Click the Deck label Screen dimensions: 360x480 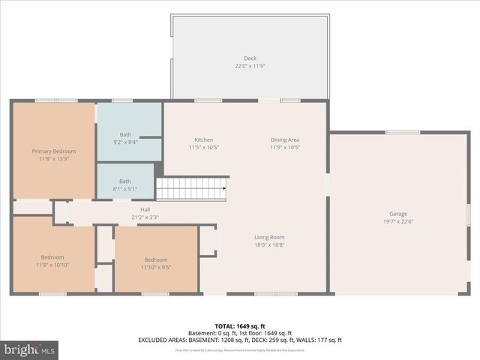250,58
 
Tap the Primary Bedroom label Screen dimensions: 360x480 53,151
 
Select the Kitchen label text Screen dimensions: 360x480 203,140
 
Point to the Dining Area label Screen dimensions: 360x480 285,140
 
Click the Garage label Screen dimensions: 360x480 398,214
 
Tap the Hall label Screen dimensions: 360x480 145,209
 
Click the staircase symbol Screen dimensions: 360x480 191,188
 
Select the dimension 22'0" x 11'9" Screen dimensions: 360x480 250,66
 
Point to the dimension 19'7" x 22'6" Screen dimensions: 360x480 398,221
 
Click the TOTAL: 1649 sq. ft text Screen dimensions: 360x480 239,326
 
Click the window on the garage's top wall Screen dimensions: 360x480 403,132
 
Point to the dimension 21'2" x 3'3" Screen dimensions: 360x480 145,217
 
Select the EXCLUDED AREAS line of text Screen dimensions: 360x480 239,340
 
